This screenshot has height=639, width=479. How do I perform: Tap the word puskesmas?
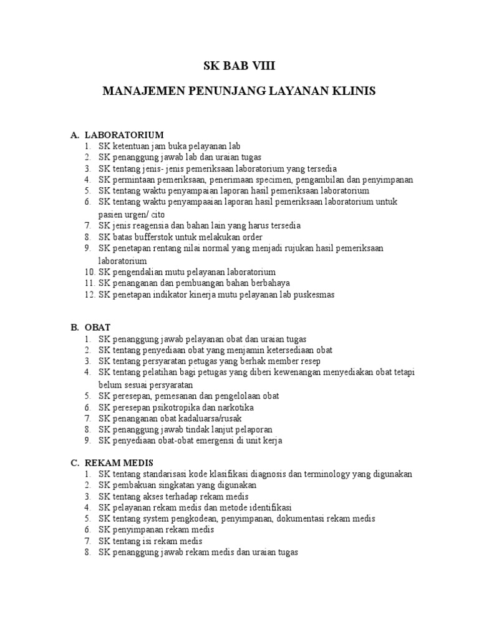(x=315, y=294)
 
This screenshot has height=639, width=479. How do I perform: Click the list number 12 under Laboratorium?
(x=87, y=294)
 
